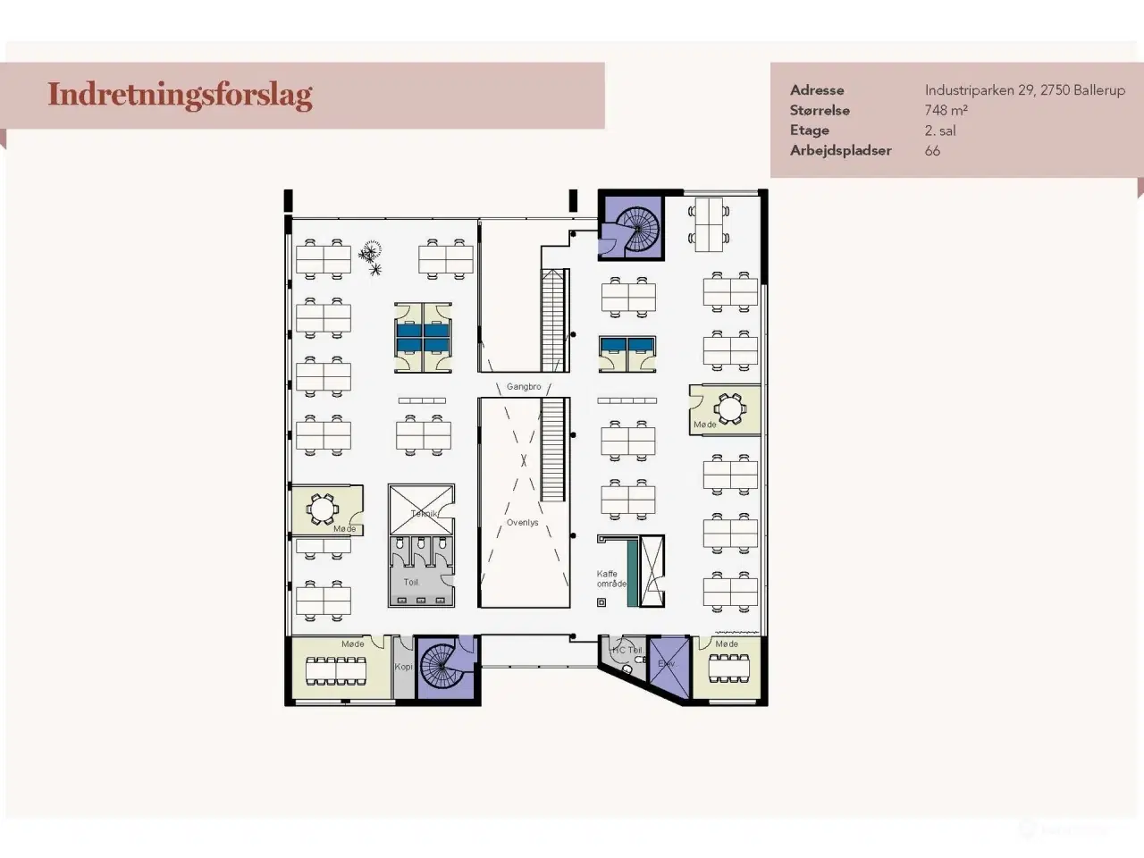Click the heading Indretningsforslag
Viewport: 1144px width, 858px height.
180,95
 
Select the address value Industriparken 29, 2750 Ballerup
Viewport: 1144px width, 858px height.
1024,90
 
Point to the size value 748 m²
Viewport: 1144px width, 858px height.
946,111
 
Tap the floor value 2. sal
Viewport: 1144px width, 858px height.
940,130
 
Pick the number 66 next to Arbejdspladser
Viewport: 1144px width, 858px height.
932,151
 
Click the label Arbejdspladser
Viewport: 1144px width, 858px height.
840,151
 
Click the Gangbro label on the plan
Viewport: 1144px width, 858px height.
524,387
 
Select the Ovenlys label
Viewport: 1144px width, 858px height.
523,523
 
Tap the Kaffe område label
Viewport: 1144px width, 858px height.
611,579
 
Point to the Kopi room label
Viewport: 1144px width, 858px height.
404,667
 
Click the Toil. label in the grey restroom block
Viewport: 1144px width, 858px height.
410,582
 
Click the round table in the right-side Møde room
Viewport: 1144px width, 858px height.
730,409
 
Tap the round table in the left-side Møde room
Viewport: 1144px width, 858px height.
322,509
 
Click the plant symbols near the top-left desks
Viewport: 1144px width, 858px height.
370,257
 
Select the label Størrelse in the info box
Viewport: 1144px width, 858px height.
820,111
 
